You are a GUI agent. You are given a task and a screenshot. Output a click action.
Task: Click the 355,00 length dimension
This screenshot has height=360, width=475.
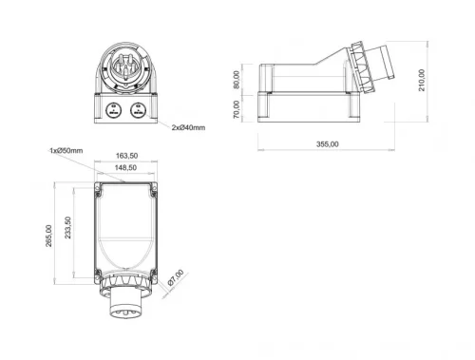326,143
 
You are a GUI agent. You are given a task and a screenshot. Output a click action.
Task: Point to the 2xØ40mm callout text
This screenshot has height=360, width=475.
187,127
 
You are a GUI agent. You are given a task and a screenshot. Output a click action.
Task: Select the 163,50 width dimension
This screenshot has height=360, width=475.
126,155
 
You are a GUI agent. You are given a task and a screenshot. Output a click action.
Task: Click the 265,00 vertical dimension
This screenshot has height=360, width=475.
47,234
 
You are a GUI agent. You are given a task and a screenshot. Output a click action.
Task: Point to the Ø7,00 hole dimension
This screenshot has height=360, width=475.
174,282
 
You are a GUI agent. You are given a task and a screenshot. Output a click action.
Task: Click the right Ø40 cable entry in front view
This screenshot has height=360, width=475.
140,109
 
